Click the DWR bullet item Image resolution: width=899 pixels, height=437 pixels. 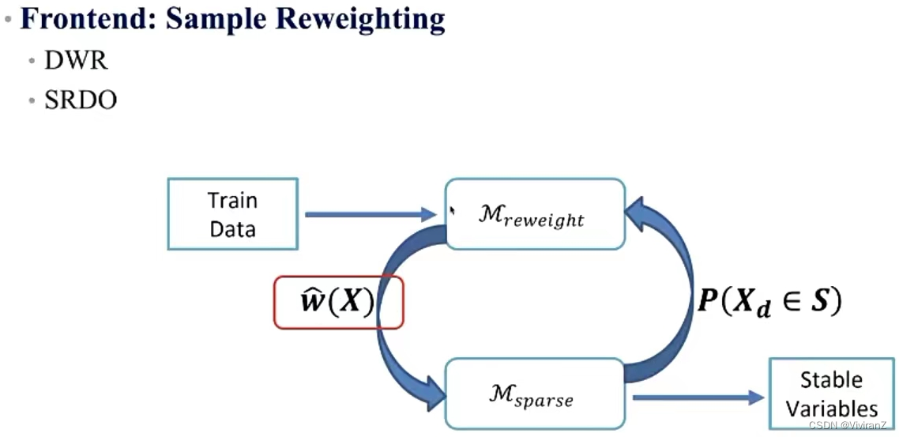[x=76, y=61]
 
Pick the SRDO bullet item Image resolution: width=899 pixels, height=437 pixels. [x=81, y=101]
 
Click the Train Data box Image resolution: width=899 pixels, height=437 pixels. [x=232, y=214]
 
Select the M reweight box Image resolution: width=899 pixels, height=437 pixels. [x=535, y=214]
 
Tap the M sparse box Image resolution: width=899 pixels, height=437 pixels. [x=535, y=394]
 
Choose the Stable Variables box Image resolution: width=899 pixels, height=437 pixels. [x=831, y=394]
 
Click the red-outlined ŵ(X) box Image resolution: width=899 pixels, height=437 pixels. [x=338, y=302]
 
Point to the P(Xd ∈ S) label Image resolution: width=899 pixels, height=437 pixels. [x=768, y=302]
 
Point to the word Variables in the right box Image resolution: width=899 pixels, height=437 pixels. [x=831, y=409]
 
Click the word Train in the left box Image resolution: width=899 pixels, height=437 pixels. [x=232, y=200]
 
